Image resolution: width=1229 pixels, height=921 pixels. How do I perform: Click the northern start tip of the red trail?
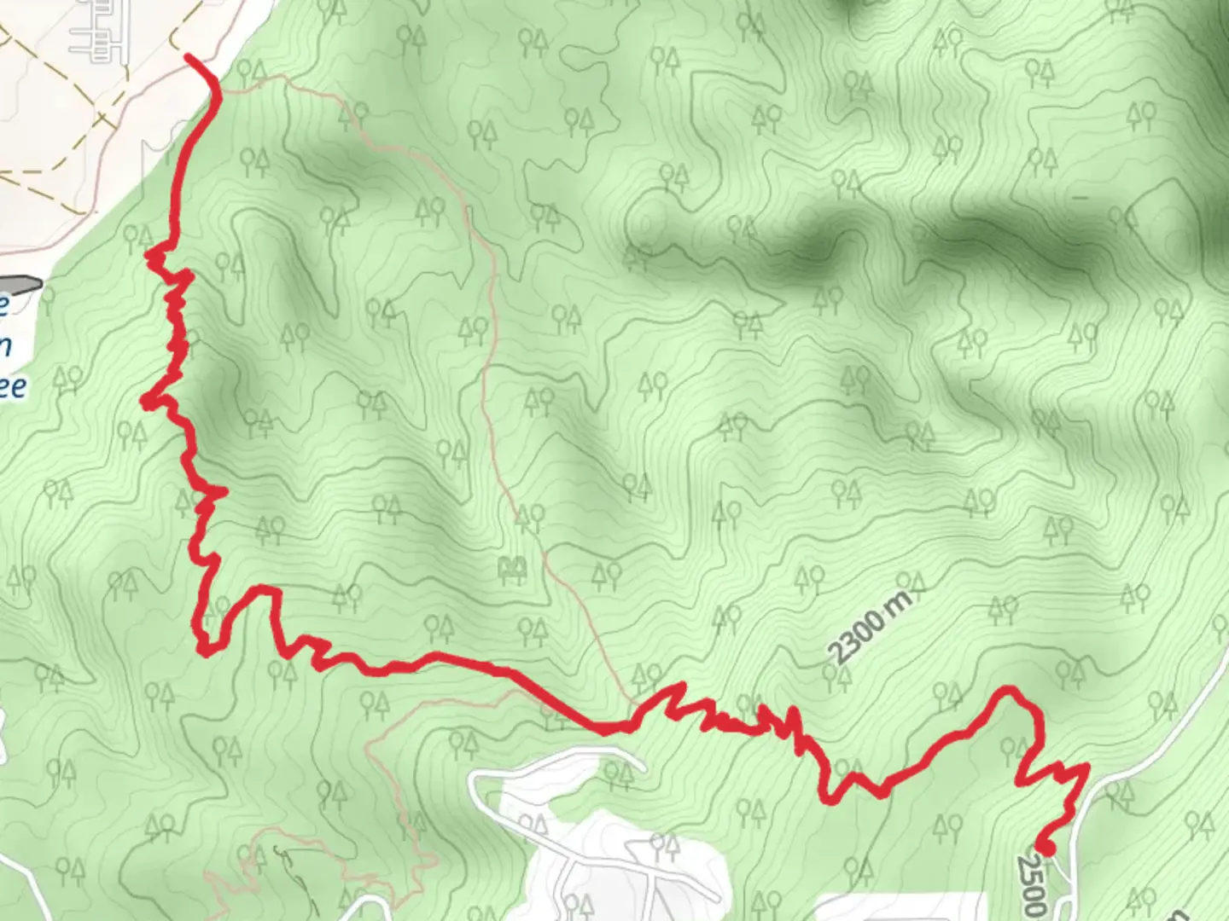coord(189,57)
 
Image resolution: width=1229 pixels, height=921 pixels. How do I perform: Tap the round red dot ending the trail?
coord(1044,846)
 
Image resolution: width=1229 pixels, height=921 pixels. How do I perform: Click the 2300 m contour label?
coord(870,626)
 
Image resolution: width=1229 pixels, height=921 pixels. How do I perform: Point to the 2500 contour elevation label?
coord(1031,886)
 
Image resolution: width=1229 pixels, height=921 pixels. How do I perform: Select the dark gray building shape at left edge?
coord(20,284)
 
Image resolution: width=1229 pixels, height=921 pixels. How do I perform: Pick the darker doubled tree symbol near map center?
coord(512,566)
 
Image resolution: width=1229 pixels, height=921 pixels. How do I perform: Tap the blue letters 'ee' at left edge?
coord(12,386)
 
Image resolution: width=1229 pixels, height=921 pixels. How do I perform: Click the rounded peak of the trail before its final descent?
coord(1011,690)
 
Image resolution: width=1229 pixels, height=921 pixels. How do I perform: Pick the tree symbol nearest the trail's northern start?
coord(255,70)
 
